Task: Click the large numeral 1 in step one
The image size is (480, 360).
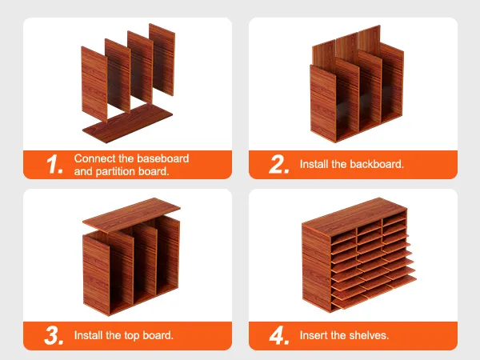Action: [54, 164]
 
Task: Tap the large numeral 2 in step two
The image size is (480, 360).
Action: [278, 164]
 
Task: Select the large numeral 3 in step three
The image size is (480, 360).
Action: [54, 335]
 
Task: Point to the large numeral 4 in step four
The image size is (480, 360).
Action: [279, 335]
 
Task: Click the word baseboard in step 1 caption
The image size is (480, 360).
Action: [162, 158]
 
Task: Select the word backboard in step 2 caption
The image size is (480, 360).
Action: [377, 164]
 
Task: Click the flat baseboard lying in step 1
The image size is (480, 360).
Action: [127, 122]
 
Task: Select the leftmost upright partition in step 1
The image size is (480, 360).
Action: [94, 84]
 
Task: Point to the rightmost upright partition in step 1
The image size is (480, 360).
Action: [162, 60]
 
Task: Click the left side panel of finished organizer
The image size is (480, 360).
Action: [316, 268]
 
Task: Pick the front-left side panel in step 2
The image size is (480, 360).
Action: [323, 103]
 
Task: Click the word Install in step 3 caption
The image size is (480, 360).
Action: [88, 335]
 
